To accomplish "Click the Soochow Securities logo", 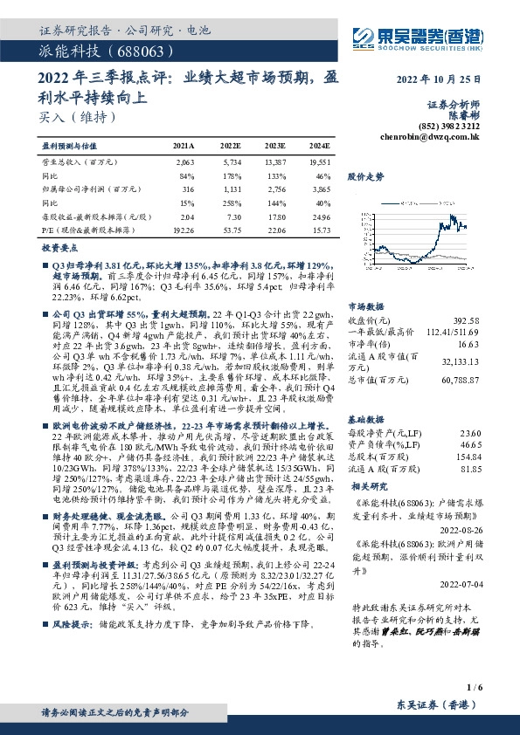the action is (x=414, y=38).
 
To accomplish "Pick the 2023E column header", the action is (x=274, y=146).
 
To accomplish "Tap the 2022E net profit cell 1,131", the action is (x=229, y=189).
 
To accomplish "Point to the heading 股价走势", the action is (x=365, y=175).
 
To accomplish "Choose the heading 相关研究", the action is (x=365, y=484).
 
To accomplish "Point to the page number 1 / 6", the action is (x=475, y=689).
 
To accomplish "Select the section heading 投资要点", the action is (x=59, y=249).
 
